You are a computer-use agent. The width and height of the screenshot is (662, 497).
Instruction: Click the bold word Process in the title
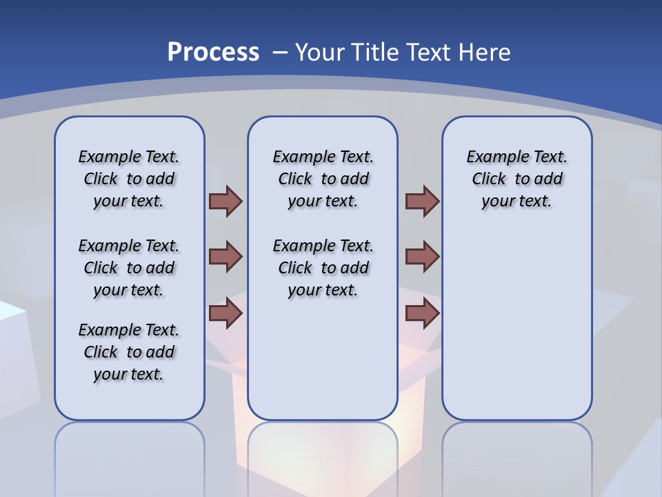tap(213, 52)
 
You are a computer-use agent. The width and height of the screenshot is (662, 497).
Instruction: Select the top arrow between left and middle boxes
tap(225, 201)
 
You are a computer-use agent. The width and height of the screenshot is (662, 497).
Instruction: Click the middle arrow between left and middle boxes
tap(225, 257)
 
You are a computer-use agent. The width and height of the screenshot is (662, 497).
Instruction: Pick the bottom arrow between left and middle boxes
tap(225, 313)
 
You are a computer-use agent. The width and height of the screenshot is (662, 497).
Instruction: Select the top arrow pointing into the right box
tap(422, 201)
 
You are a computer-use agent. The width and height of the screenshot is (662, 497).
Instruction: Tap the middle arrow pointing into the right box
tap(422, 257)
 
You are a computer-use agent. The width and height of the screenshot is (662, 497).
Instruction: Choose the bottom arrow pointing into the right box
tap(422, 313)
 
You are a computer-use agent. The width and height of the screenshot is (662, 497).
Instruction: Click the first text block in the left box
tap(129, 179)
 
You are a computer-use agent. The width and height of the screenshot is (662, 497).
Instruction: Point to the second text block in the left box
tap(129, 268)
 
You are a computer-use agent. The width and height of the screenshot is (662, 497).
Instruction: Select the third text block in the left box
tap(129, 352)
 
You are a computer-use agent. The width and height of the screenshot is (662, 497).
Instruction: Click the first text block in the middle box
tap(323, 179)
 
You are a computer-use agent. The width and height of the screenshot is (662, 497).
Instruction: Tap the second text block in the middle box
tap(323, 268)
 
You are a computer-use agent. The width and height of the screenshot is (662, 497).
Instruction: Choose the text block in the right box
tap(517, 179)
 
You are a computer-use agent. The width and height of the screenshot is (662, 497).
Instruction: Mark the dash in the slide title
tap(280, 52)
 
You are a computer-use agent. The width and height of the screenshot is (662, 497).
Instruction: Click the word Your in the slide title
tap(319, 52)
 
